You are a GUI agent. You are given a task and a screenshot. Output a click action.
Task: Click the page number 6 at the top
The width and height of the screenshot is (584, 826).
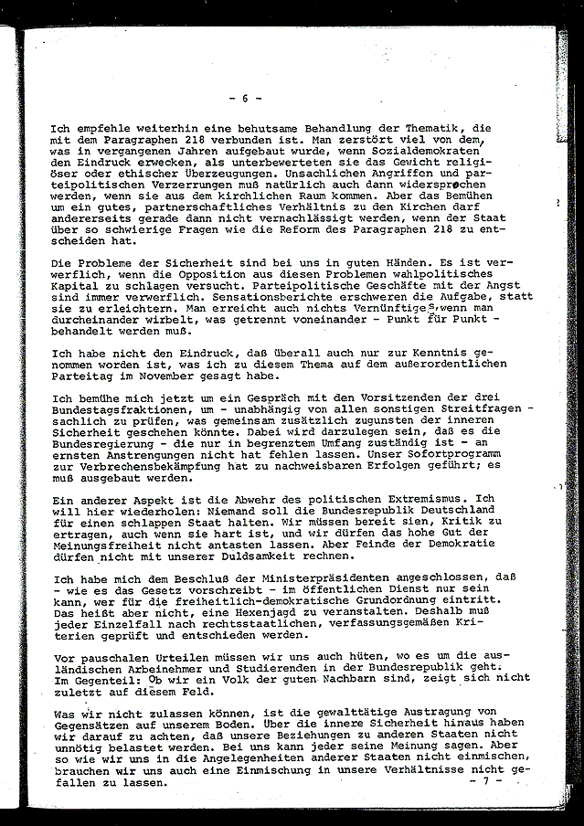click(x=245, y=97)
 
